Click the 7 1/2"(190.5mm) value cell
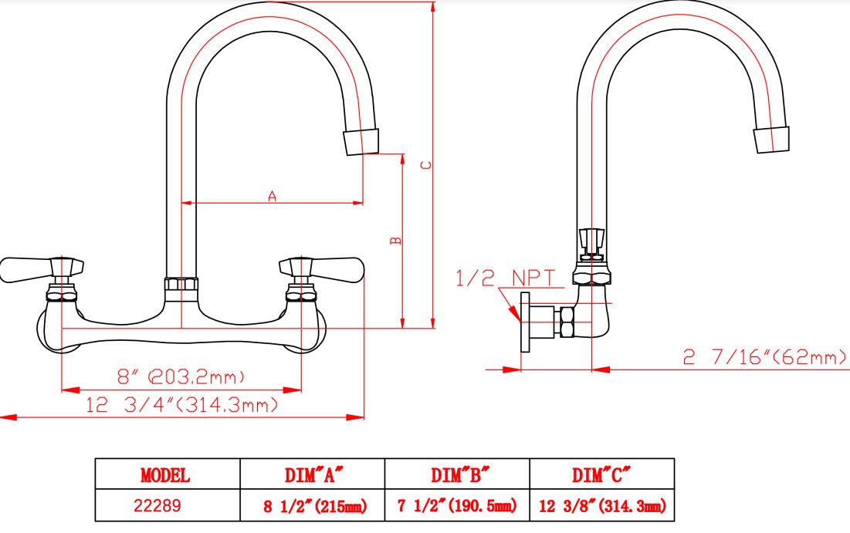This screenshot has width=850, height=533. [457, 505]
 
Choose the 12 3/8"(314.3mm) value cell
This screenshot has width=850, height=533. [602, 505]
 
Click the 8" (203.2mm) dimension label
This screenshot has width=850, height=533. [181, 376]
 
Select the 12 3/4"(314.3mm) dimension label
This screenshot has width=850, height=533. [182, 405]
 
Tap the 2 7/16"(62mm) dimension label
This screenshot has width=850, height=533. [764, 357]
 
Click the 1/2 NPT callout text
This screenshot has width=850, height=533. [505, 278]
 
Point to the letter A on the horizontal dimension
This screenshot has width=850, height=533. [272, 196]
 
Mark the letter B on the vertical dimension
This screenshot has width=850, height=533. [396, 241]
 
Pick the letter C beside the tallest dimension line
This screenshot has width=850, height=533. [427, 165]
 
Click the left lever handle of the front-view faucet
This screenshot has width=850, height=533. [42, 269]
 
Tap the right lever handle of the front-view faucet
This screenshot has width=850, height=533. [321, 269]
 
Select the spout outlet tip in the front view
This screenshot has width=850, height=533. [361, 142]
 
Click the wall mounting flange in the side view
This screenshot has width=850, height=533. [525, 322]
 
